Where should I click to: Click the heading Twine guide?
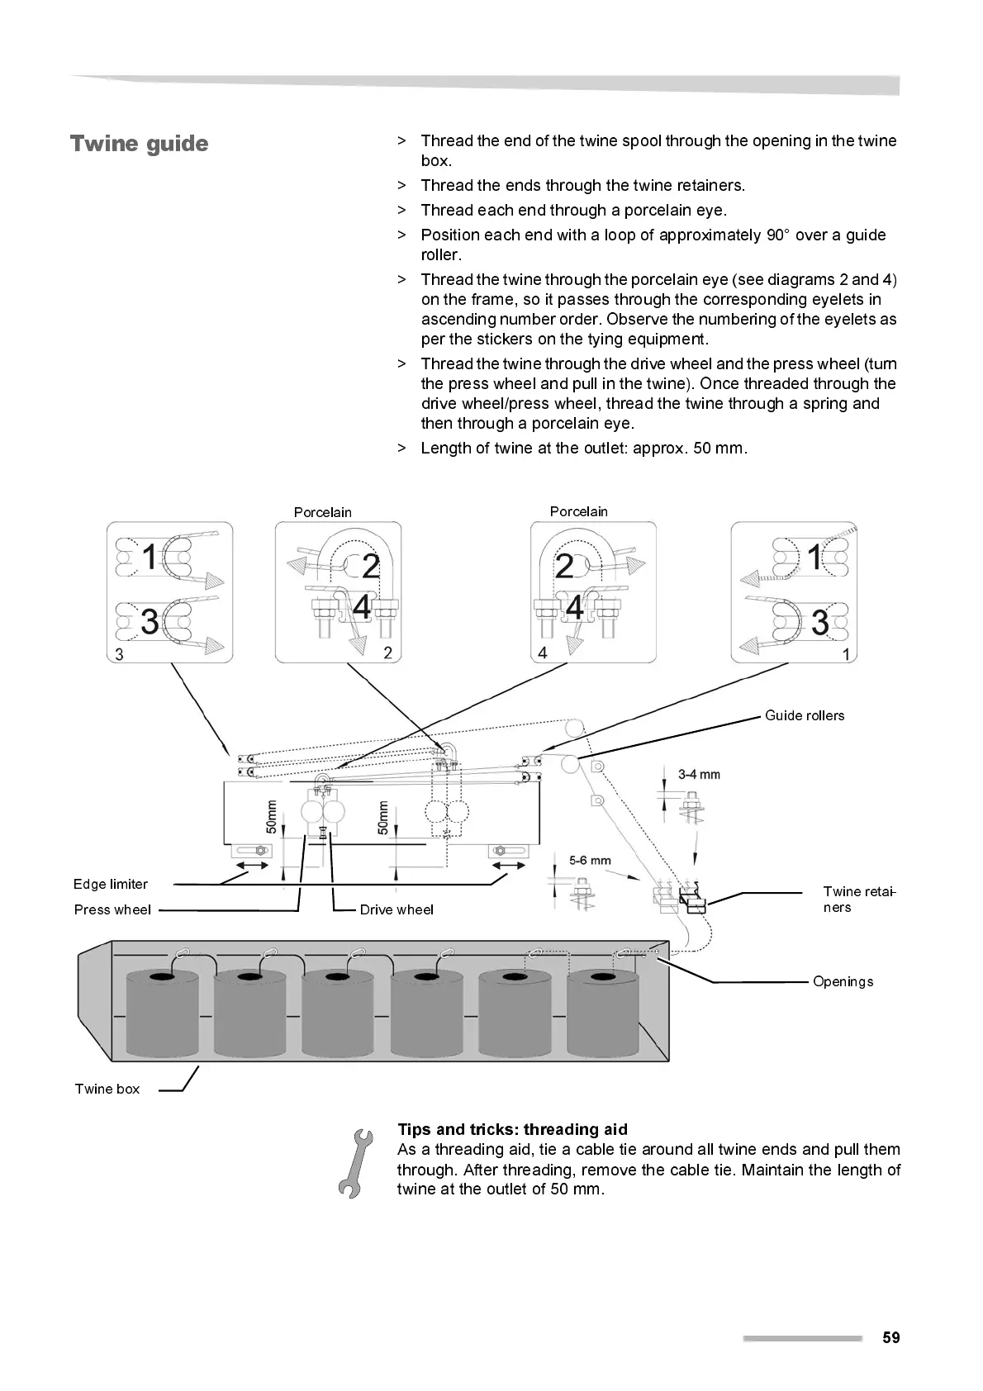[x=139, y=144]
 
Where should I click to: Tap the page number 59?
[x=890, y=1337]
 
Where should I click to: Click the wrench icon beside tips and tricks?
[x=354, y=1162]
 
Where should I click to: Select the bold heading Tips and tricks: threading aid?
[x=512, y=1129]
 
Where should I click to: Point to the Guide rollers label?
[x=804, y=715]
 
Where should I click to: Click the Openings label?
[x=843, y=981]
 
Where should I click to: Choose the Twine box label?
[x=107, y=1089]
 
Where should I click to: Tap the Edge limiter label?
[x=111, y=884]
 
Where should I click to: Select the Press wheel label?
[x=112, y=909]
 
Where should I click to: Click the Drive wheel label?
[x=397, y=909]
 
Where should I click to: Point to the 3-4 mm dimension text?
[x=699, y=774]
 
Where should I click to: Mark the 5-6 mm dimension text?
[x=590, y=860]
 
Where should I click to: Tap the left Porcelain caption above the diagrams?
[x=322, y=512]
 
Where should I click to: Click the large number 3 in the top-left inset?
[x=150, y=621]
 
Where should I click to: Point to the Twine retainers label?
[x=859, y=899]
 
